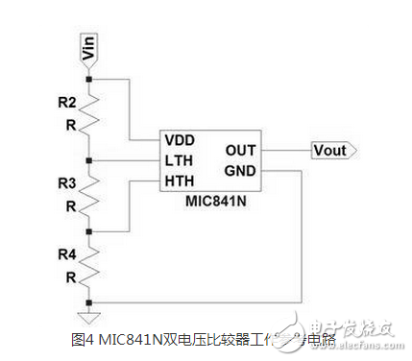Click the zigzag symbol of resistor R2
pos(88,116)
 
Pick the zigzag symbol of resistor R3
pos(88,196)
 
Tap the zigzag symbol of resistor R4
pos(88,268)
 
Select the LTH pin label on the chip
pos(180,158)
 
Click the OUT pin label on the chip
pos(239,150)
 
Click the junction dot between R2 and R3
pos(88,159)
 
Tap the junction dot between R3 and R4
pos(88,231)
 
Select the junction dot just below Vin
pos(88,78)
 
